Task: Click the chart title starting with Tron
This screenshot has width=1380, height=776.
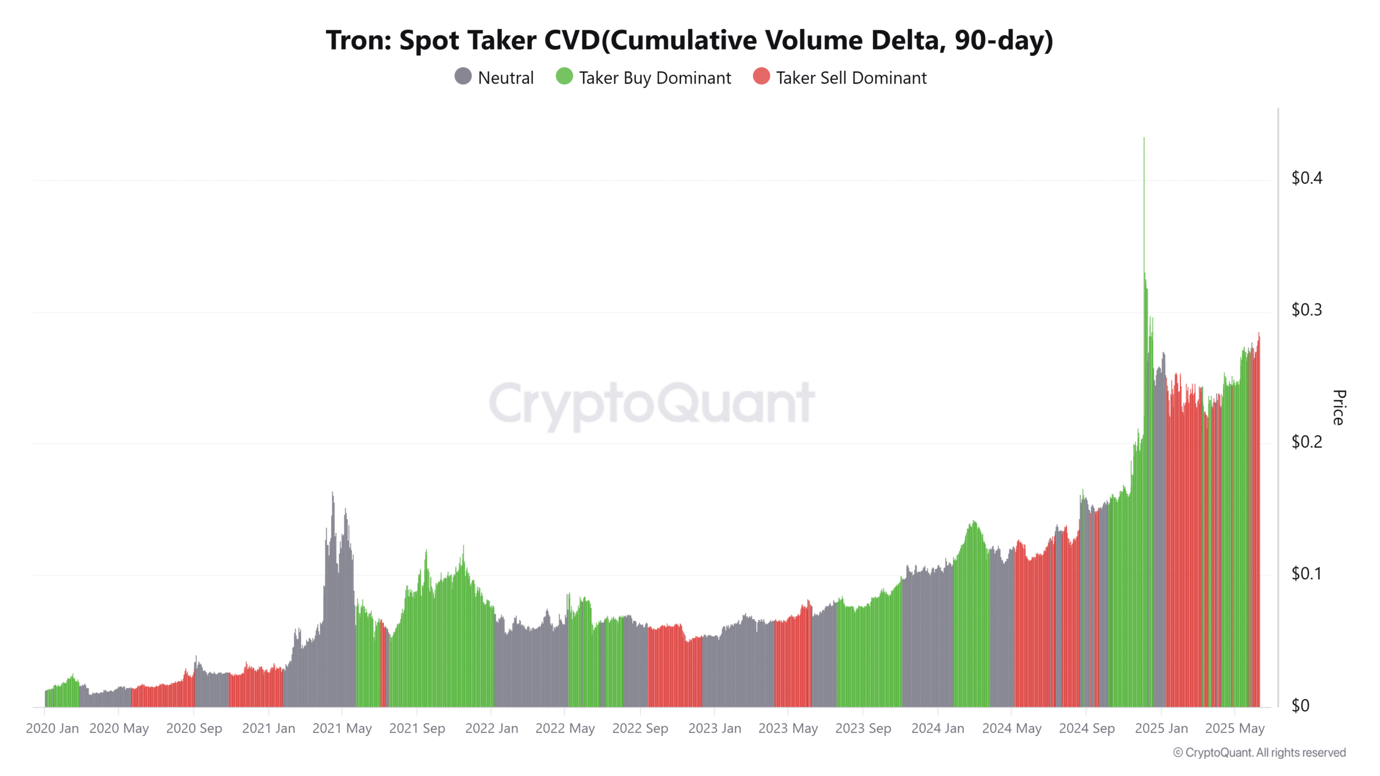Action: click(x=689, y=40)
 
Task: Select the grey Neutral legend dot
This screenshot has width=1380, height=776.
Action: click(x=463, y=77)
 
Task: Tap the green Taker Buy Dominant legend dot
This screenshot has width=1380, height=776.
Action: click(x=564, y=77)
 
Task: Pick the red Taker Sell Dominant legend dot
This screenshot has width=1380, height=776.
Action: click(x=761, y=77)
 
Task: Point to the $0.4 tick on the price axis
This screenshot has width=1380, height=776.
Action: click(x=1306, y=178)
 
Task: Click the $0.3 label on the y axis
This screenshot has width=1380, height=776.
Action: click(x=1306, y=310)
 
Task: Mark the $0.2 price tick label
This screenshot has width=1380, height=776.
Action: click(x=1306, y=442)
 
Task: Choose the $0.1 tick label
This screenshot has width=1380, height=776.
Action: click(x=1306, y=573)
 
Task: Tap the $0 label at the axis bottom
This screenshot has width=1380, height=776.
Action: click(x=1300, y=705)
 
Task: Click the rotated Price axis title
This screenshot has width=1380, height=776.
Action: click(x=1339, y=407)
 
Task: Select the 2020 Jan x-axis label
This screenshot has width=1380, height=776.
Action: click(x=52, y=729)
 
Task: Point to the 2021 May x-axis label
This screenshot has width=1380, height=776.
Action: click(x=342, y=729)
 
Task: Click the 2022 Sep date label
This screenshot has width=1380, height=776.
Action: click(x=640, y=729)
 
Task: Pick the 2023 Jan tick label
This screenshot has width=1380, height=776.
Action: click(x=714, y=729)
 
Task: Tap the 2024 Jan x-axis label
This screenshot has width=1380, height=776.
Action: click(x=937, y=729)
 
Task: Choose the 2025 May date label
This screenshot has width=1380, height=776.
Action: click(x=1234, y=729)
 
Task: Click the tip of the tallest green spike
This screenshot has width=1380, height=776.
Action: click(x=1144, y=139)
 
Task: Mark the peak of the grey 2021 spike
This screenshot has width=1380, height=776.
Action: click(x=333, y=493)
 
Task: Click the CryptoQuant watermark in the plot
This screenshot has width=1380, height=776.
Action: click(x=651, y=403)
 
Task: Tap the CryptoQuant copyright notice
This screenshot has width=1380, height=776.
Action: click(x=1259, y=753)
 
